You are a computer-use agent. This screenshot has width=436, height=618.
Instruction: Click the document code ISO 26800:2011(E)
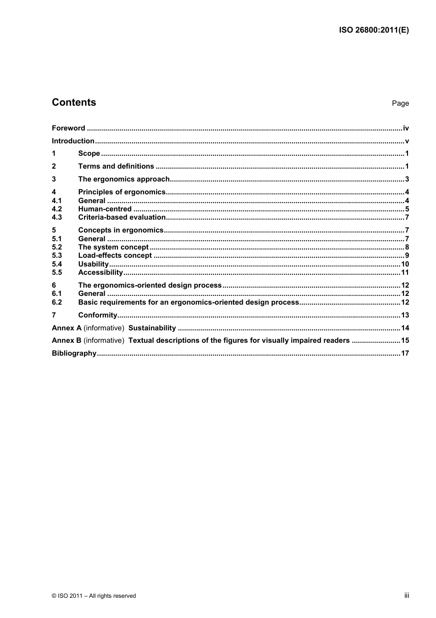(374, 30)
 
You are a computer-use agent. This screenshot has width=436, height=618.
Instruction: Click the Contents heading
(74, 102)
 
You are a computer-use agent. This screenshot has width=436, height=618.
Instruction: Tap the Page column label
(400, 103)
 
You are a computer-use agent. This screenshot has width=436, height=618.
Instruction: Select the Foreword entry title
(68, 128)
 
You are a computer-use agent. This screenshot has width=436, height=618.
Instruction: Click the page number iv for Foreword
(406, 128)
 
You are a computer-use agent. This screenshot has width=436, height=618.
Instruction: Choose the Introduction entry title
(73, 141)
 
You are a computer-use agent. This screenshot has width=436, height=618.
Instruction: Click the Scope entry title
(89, 153)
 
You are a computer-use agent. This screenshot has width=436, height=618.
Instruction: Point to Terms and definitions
(116, 166)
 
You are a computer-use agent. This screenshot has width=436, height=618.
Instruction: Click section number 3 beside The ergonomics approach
(54, 179)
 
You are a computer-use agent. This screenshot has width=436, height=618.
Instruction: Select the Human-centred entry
(105, 209)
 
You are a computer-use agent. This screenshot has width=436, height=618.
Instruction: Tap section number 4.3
(56, 217)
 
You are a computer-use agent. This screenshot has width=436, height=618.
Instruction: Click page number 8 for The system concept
(407, 247)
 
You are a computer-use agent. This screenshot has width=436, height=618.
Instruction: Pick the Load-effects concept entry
(115, 255)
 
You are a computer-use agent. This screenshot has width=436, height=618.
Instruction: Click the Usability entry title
(93, 264)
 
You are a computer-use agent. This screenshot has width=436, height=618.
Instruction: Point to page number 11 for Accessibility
(405, 272)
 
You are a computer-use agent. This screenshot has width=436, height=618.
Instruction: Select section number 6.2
(56, 302)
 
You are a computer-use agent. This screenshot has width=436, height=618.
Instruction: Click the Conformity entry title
(98, 315)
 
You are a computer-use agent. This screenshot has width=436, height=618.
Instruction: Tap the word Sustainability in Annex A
(152, 328)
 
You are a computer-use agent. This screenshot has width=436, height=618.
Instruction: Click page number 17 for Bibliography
(405, 353)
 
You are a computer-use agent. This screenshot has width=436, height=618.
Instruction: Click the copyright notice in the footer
(94, 596)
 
